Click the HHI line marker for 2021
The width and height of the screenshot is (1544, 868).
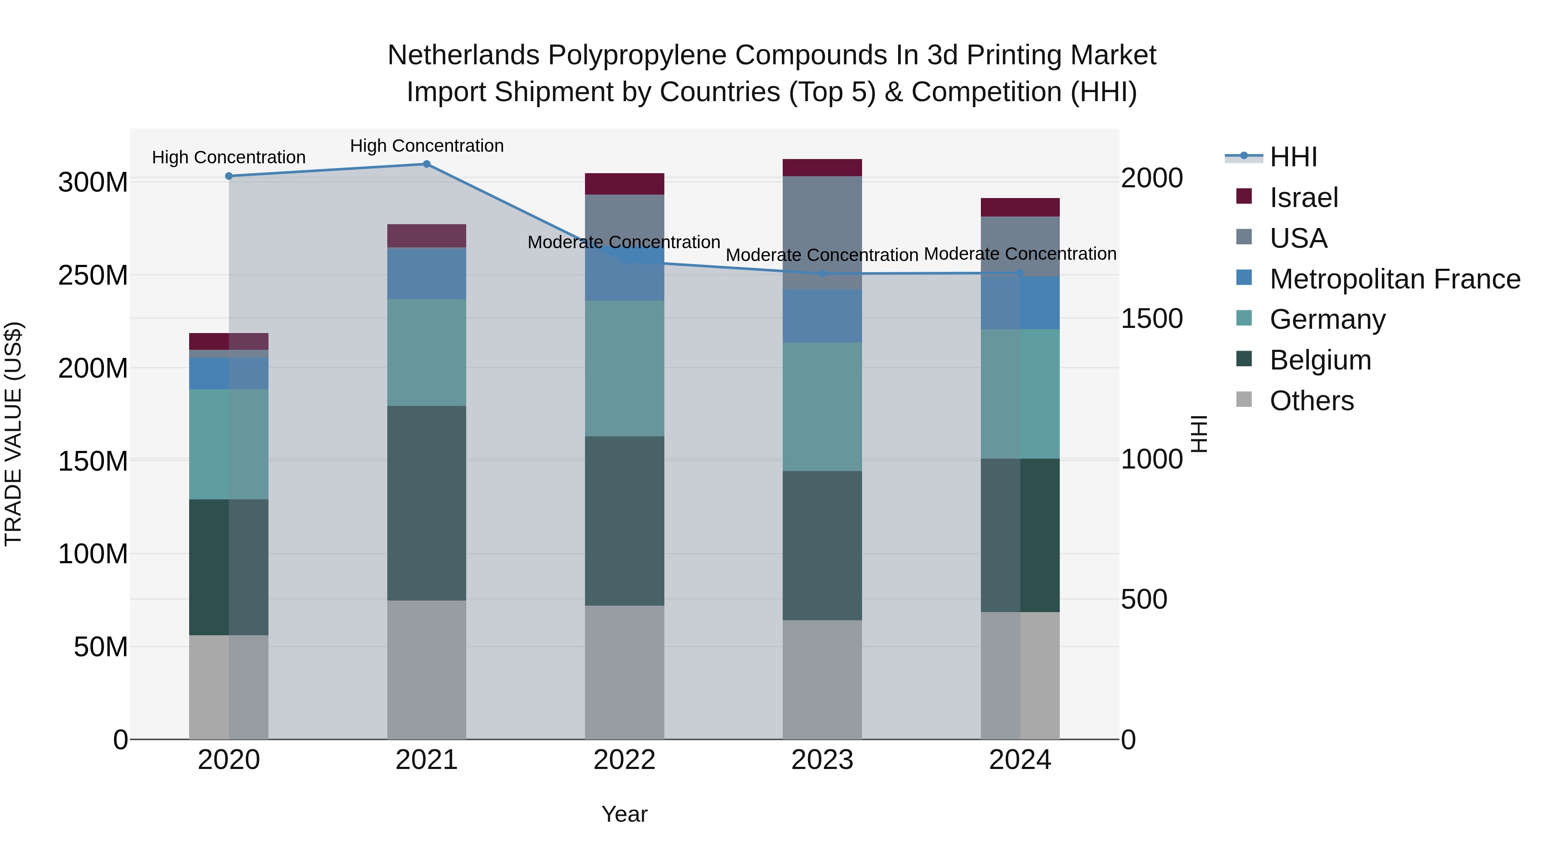point(426,164)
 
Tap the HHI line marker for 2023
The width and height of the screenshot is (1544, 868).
point(822,274)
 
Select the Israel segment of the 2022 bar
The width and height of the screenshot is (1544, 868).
point(624,184)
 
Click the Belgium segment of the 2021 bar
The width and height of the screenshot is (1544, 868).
point(426,503)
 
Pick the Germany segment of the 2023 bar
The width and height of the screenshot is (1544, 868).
point(822,407)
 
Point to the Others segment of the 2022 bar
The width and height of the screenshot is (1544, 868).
point(624,672)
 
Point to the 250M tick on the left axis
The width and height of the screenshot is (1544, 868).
point(93,276)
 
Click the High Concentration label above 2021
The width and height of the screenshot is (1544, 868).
point(426,146)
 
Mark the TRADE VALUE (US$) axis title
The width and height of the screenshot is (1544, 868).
point(13,434)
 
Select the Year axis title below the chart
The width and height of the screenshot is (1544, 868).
point(624,814)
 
